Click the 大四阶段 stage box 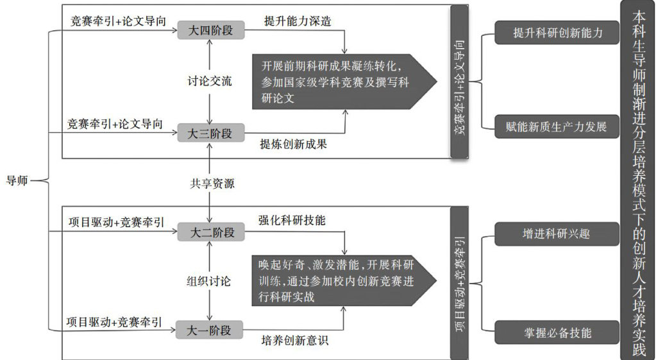point(210,30)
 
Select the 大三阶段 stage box point(210,133)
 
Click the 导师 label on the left point(17,180)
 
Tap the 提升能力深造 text point(298,21)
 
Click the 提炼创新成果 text point(294,144)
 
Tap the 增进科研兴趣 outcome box point(557,234)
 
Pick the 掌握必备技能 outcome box point(557,332)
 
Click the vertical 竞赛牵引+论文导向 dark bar point(460,81)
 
